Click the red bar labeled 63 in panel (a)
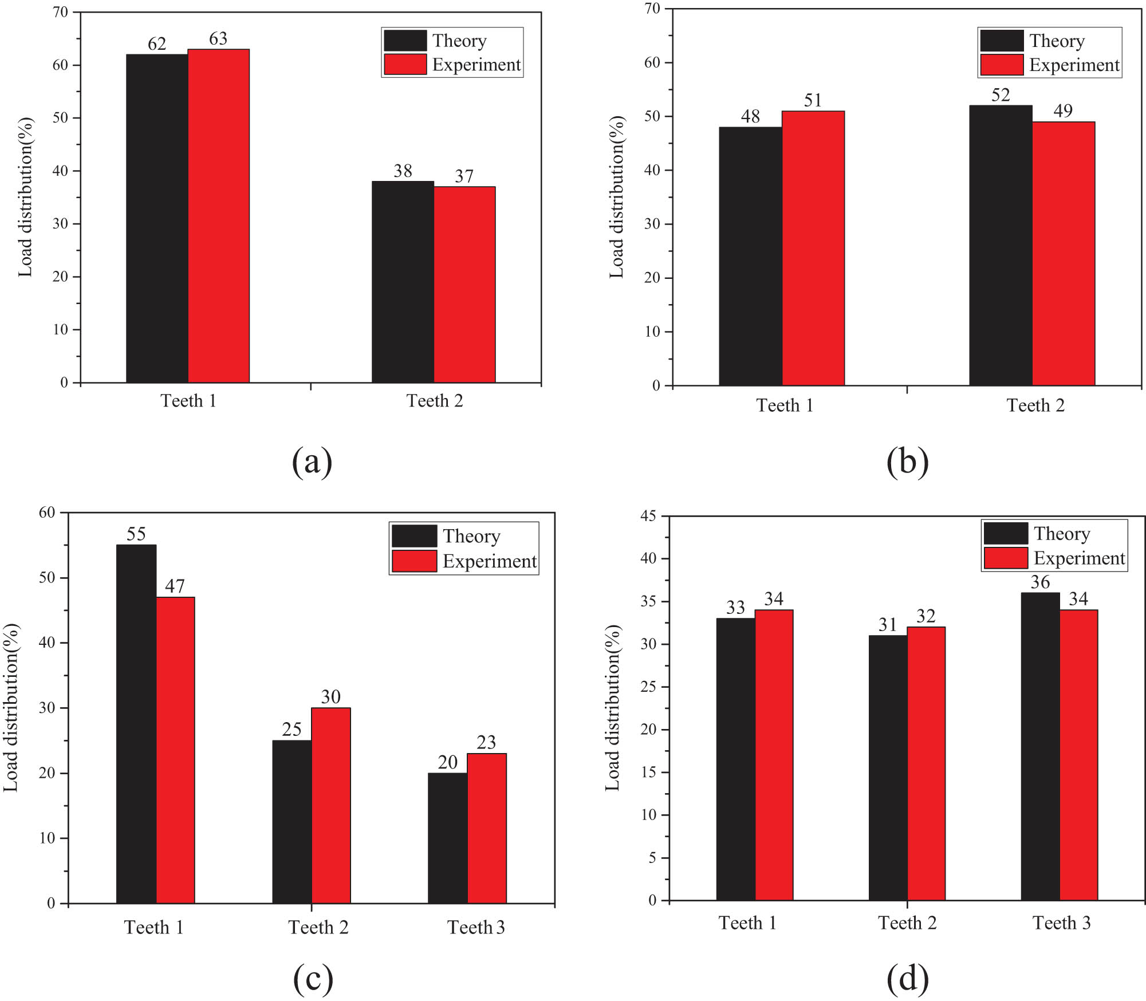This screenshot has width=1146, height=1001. pos(219,216)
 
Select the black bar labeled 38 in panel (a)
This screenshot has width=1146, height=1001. pos(403,282)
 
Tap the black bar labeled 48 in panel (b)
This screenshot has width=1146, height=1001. pos(750,256)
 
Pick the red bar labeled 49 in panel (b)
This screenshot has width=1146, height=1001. pos(1064,253)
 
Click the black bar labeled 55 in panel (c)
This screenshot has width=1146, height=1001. pos(136,724)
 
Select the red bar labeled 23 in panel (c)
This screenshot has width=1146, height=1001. pos(487,828)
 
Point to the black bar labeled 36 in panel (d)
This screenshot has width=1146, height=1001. pos(1040,746)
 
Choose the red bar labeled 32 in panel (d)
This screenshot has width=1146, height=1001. pos(926,763)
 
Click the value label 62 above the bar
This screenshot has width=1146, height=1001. pos(157,44)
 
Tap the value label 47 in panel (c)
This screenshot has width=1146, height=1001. pos(175,586)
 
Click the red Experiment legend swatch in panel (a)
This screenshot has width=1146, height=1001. pos(405,64)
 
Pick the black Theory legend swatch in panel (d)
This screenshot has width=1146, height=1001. pos(1005,533)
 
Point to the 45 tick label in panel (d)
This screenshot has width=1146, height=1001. pos(648,516)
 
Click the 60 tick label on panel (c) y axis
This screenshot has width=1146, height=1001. pos(47,513)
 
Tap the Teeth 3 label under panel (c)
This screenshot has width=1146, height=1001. pos(476,927)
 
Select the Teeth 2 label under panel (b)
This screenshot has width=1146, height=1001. pos(1035,405)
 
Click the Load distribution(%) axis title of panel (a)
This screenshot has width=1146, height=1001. pos(25,197)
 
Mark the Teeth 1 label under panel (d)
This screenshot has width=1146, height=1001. pos(747,923)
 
